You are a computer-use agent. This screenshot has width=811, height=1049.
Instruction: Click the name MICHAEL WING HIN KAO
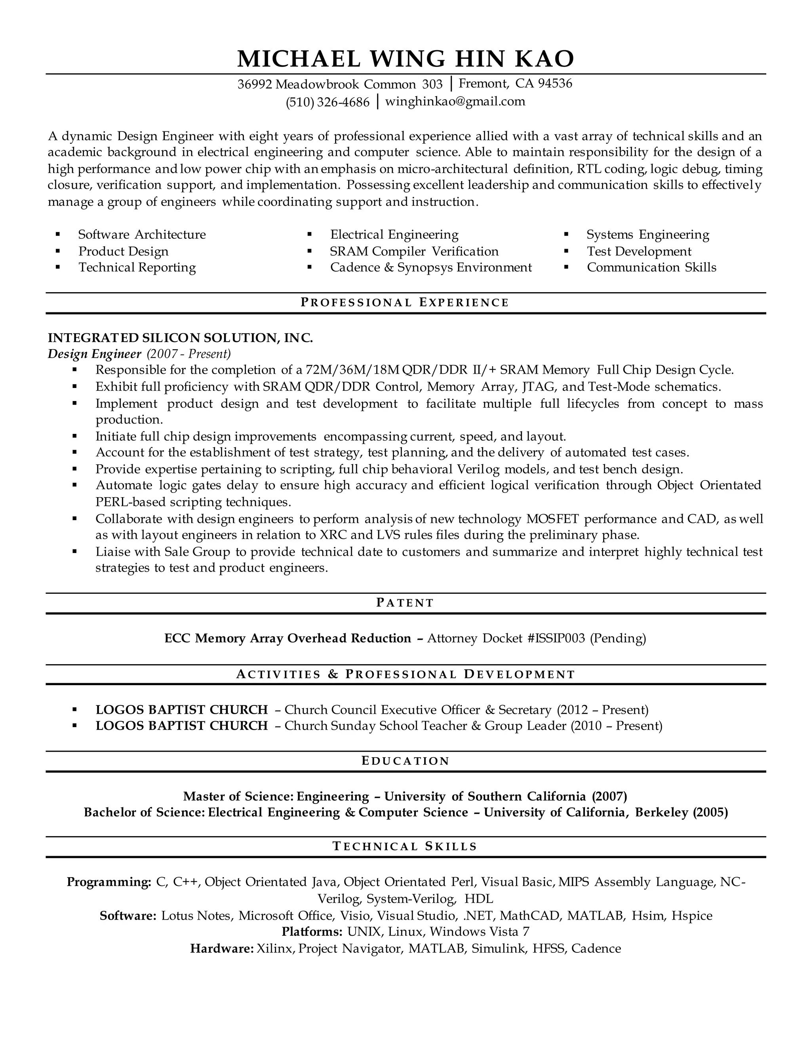click(x=405, y=59)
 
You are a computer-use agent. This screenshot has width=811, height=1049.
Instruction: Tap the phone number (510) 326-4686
click(x=327, y=102)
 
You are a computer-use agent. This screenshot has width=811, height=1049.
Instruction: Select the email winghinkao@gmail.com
click(x=455, y=101)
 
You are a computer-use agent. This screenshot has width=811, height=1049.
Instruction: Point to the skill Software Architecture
click(x=142, y=234)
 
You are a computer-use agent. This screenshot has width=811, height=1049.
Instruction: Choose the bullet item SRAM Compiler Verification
click(x=414, y=251)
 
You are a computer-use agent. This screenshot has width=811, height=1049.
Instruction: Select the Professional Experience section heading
click(x=405, y=302)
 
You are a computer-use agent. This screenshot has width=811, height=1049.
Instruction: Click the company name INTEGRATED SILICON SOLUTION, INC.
click(x=180, y=338)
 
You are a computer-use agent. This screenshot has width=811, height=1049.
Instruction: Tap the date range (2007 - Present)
click(x=189, y=354)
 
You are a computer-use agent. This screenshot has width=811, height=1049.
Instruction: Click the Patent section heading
click(x=405, y=603)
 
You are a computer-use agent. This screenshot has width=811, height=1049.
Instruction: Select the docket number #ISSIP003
click(x=556, y=639)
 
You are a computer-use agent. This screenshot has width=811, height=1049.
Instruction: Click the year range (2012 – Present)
click(x=602, y=709)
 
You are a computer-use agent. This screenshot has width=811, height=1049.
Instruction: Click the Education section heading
click(x=405, y=761)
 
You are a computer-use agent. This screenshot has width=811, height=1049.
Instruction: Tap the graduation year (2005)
click(x=710, y=812)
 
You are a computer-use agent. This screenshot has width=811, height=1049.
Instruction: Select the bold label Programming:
click(x=109, y=882)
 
